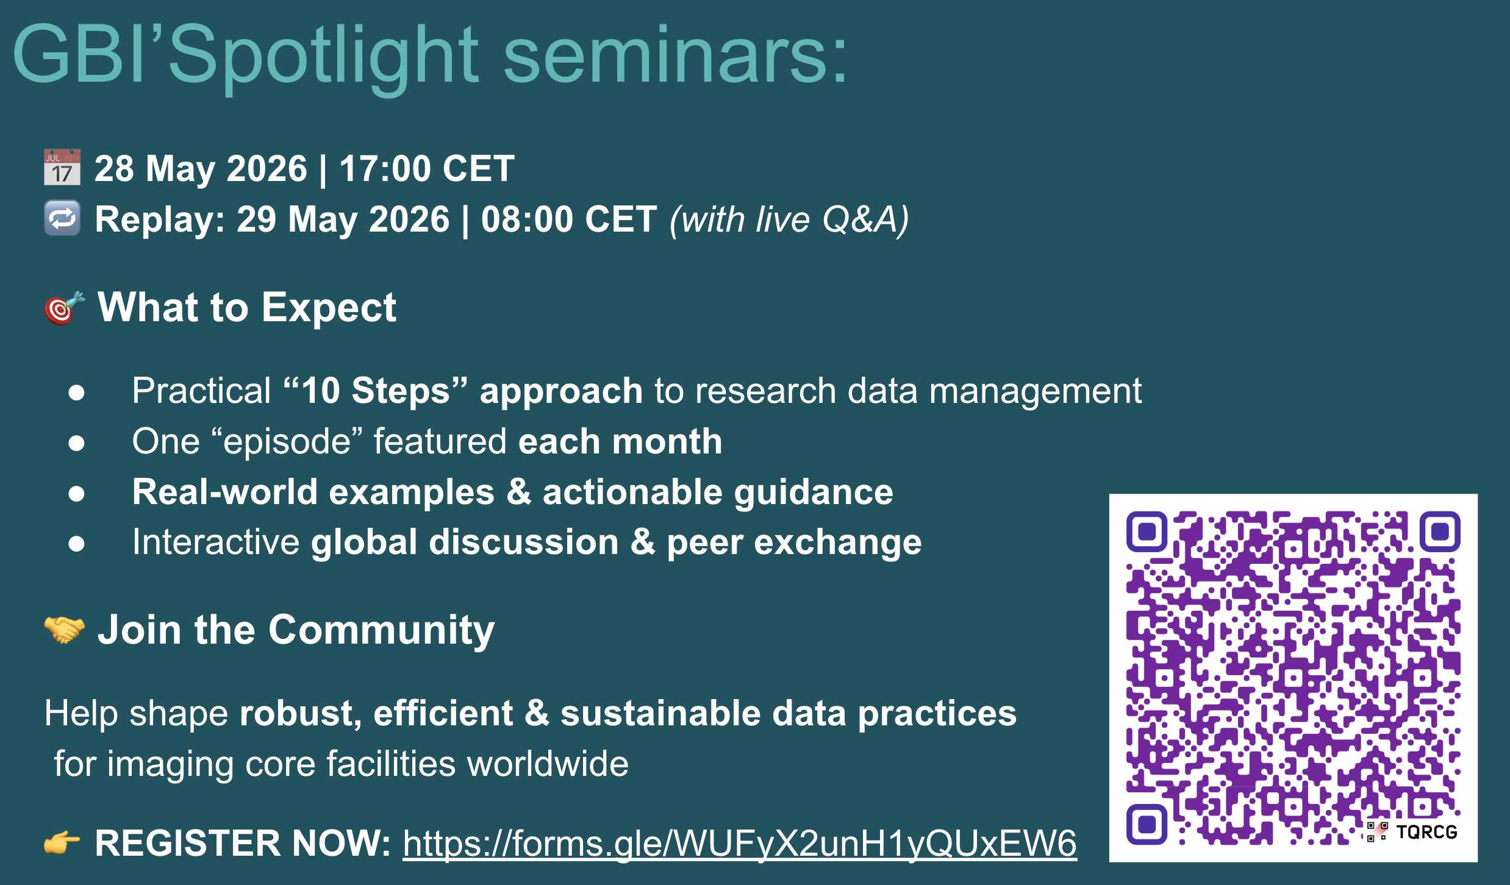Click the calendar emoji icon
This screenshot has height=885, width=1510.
[x=62, y=167]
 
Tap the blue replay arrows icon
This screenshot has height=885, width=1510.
[x=62, y=218]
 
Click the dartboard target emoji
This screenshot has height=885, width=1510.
[x=63, y=308]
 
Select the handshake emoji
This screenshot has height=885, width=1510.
[x=64, y=630]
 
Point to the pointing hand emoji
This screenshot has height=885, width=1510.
[x=62, y=843]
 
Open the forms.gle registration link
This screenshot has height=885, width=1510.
[x=740, y=844]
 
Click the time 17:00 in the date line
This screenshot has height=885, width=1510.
[x=385, y=168]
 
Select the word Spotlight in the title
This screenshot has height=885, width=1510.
[x=323, y=56]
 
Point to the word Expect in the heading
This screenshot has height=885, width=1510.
[x=329, y=308]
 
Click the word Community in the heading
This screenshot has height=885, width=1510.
[x=382, y=630]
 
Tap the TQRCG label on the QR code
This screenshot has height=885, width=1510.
[x=1426, y=832]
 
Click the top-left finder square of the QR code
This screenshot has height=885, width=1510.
[x=1147, y=531]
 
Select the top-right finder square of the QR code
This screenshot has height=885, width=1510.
[x=1440, y=531]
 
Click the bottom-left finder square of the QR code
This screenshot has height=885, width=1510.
[x=1147, y=824]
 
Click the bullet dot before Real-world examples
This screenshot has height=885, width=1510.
[x=76, y=493]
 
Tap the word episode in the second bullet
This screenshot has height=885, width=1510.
[x=287, y=442]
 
